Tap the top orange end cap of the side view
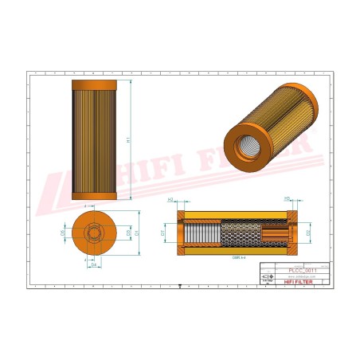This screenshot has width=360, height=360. point(94,84)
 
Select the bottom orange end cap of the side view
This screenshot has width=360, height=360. point(94,196)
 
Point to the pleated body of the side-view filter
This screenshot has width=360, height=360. point(94,139)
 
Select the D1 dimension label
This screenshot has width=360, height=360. point(137,233)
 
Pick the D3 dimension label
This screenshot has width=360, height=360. point(128,233)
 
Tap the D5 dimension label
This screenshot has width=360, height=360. point(65,233)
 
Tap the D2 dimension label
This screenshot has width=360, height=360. point(307,233)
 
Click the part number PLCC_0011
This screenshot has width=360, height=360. point(303,272)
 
